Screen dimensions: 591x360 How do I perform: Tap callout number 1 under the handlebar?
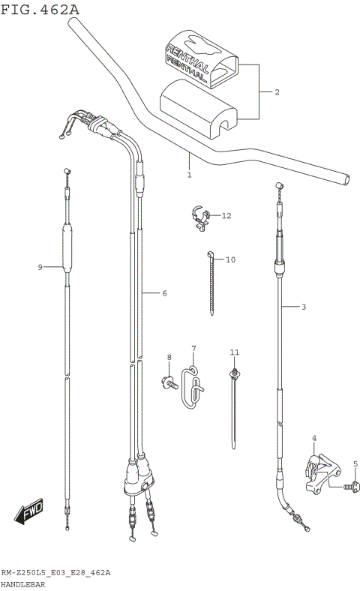[189, 175]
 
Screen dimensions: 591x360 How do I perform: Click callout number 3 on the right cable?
[313, 437]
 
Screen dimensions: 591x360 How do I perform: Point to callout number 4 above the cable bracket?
[355, 464]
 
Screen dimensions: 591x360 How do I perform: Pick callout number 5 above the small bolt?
[163, 293]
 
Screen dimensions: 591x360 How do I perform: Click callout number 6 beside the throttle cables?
[193, 349]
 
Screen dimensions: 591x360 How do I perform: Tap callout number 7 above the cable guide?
[169, 357]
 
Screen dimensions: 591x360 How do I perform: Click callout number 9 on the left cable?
[230, 259]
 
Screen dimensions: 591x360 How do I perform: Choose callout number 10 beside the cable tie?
[234, 352]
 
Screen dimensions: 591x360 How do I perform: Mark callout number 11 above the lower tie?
[226, 216]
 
